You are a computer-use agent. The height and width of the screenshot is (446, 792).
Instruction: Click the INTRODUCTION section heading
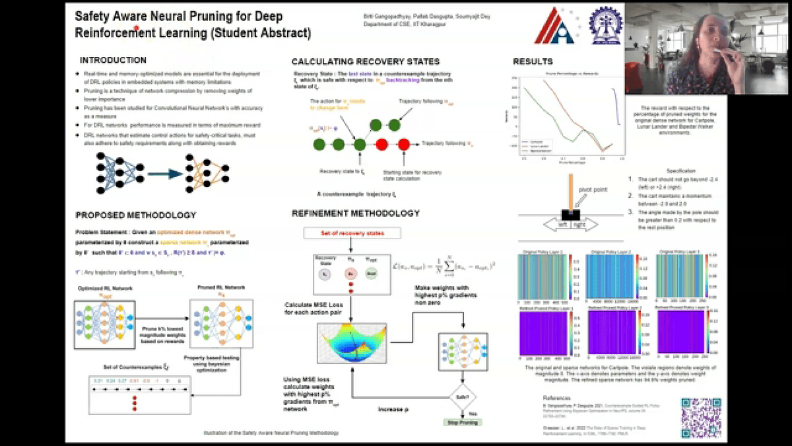coord(113,60)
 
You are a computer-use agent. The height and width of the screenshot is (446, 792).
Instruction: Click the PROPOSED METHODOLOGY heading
coord(135,215)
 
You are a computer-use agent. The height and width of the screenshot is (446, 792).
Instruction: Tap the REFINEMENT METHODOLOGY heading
coord(356,213)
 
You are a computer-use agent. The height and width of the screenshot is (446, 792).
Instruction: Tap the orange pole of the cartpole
coord(569,191)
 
